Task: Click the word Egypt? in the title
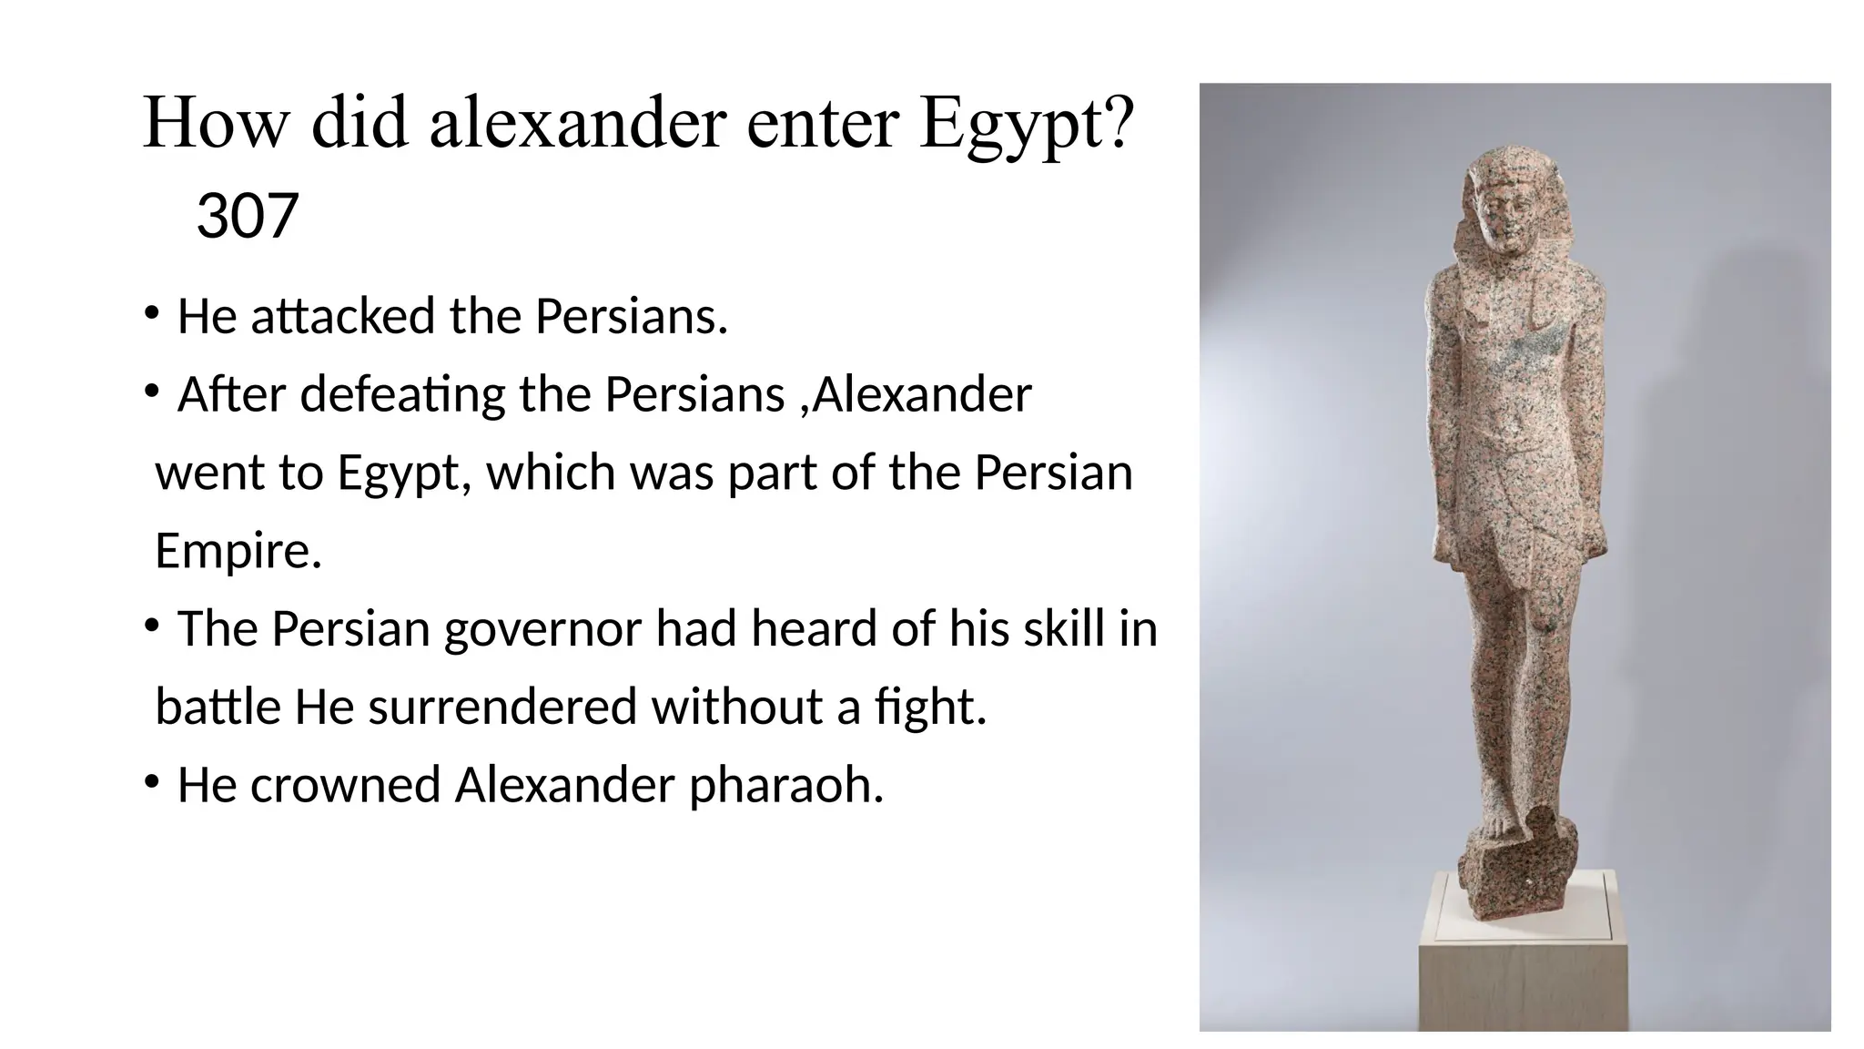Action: (x=1027, y=125)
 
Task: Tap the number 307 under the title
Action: (x=247, y=217)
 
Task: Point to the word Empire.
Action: (x=238, y=551)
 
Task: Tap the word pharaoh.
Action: (x=785, y=786)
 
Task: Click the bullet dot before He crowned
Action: (x=152, y=782)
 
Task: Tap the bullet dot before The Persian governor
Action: (x=152, y=626)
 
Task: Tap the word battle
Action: (x=218, y=708)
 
